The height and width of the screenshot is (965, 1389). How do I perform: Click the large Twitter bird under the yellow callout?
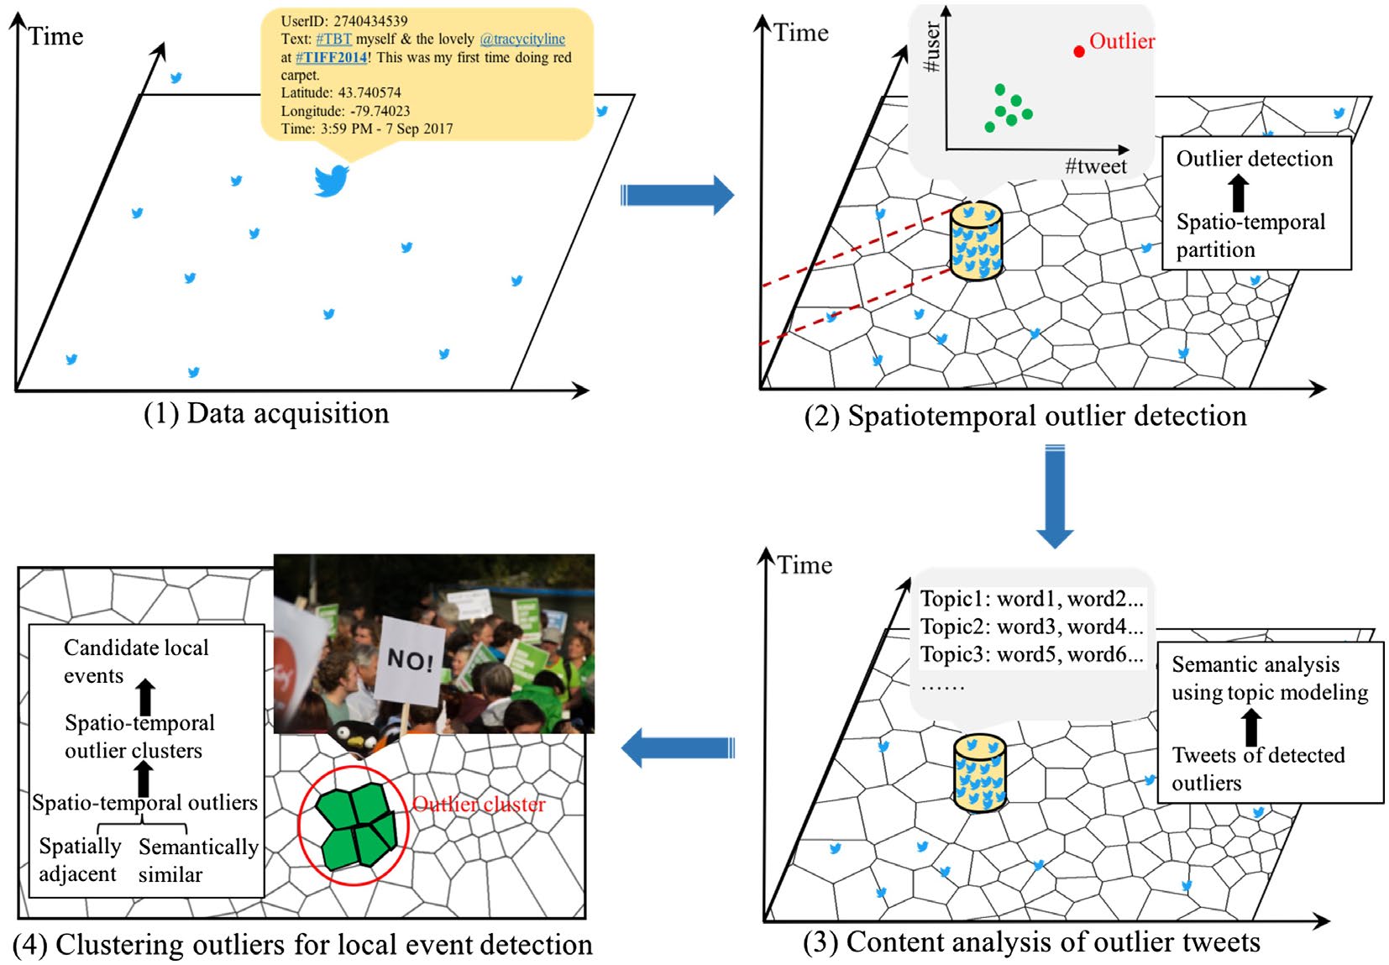point(331,180)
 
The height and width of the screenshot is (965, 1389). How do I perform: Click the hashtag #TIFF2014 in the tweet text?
point(331,58)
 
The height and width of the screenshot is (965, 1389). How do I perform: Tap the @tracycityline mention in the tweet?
point(522,39)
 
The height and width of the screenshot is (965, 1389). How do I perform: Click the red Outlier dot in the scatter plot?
point(1079,52)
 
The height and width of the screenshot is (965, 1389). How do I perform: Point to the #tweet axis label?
point(1096,166)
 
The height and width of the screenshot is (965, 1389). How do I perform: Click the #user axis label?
point(931,47)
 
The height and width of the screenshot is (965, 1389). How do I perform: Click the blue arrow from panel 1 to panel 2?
point(676,196)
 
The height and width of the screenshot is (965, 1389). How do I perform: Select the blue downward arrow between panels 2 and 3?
point(1055,496)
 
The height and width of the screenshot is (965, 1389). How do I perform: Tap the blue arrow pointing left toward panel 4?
point(677,747)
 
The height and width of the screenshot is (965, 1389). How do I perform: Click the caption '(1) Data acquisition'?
point(266,413)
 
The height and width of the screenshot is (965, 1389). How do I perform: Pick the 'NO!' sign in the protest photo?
point(410,660)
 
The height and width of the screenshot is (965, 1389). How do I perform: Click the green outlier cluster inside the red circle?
point(356,827)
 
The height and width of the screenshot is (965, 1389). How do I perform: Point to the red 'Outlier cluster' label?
point(479,805)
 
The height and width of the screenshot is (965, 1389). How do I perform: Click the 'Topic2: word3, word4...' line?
point(1031,627)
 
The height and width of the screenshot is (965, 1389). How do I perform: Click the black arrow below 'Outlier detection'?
point(1238,193)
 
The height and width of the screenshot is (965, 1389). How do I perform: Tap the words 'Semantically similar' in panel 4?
point(198,860)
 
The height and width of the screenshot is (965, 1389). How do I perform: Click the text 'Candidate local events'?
point(136,662)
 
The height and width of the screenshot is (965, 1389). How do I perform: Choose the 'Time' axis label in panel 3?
point(804,565)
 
